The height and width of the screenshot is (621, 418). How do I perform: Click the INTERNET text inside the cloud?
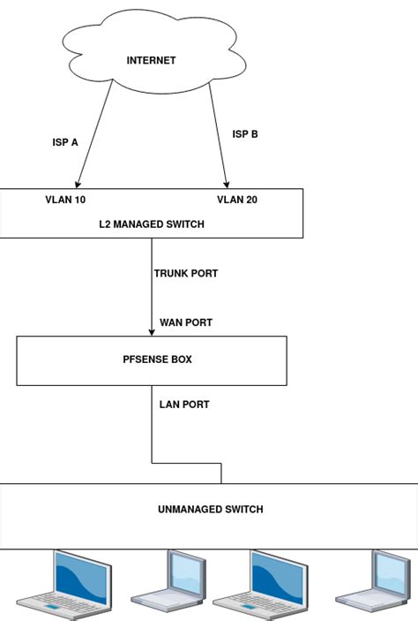coord(152,61)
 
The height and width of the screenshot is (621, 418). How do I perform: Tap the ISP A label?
coord(65,142)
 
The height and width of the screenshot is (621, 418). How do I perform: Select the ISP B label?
coord(245,134)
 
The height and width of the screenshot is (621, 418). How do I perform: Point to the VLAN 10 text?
coord(65,200)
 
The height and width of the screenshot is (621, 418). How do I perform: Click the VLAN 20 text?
coord(237,200)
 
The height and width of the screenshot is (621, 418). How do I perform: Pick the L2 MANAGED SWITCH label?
coord(152,224)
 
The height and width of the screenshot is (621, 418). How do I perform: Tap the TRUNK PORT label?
coord(186,274)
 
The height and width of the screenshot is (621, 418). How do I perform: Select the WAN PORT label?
coord(186,322)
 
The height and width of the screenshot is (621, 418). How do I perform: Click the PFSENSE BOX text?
coord(152,360)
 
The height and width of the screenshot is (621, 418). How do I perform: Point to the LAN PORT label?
coord(184,405)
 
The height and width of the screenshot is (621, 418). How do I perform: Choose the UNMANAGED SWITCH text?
coord(211,510)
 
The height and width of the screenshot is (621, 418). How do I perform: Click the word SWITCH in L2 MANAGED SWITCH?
coord(185,224)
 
